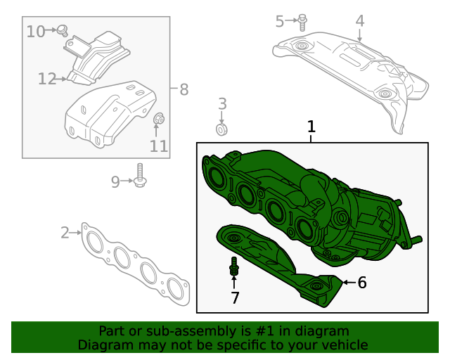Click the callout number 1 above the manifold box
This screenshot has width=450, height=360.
(311, 127)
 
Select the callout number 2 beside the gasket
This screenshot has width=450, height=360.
(65, 232)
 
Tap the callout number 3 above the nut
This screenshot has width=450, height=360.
(222, 105)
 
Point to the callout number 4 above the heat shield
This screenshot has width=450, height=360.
(359, 21)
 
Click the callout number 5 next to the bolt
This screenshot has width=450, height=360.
(280, 22)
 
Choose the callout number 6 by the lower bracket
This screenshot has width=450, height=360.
(362, 283)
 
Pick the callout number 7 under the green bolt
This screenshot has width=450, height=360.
(235, 298)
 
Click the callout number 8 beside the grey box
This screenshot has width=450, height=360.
(184, 89)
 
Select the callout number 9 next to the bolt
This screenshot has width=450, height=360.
(116, 182)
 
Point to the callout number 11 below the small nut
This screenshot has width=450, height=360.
(159, 146)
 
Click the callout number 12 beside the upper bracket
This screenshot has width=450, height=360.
(46, 79)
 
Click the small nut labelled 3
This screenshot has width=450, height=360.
(221, 129)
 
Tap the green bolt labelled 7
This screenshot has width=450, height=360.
(234, 267)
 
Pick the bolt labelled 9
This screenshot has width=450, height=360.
(140, 176)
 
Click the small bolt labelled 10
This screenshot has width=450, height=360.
(62, 30)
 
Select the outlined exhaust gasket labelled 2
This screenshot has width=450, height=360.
(134, 264)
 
